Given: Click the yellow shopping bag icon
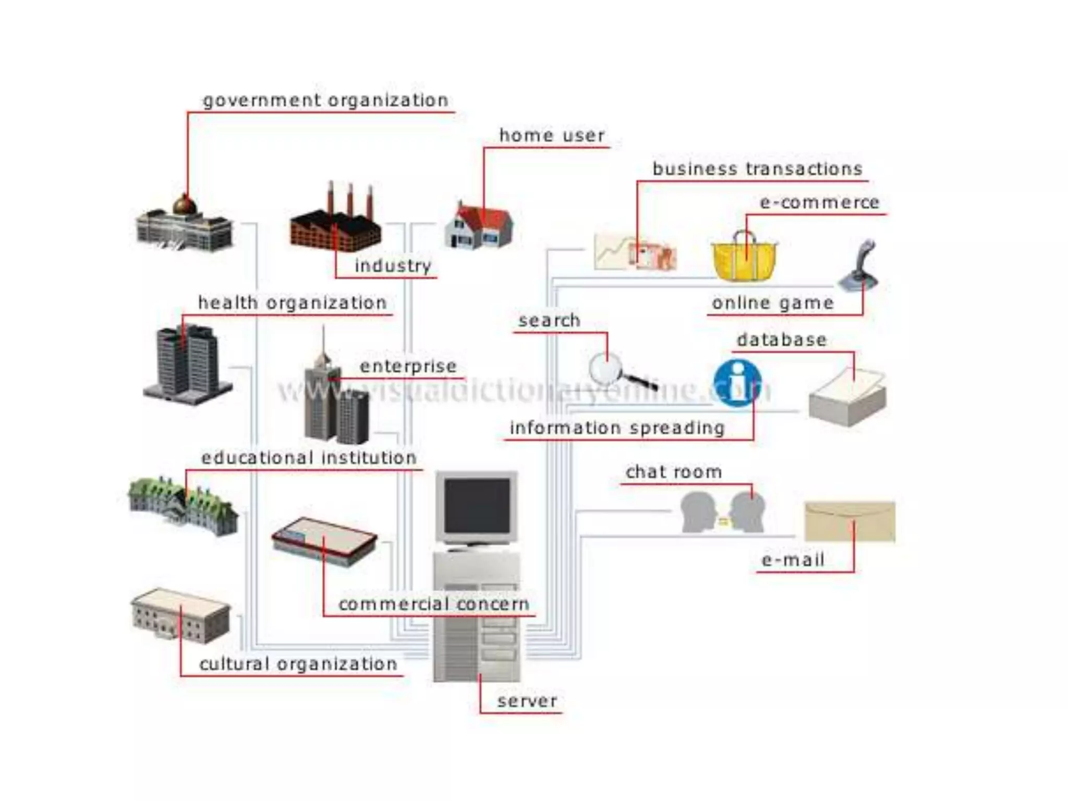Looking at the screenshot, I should click(745, 258).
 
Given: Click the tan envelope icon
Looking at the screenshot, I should click(849, 521).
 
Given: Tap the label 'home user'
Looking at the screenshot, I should click(552, 136).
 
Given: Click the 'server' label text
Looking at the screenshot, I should click(527, 701).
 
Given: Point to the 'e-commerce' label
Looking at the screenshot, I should click(819, 202).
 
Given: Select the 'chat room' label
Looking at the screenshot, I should click(673, 472).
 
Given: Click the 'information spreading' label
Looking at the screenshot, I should click(617, 428).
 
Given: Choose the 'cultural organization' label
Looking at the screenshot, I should click(298, 664).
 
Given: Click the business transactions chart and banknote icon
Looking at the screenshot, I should click(635, 252).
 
